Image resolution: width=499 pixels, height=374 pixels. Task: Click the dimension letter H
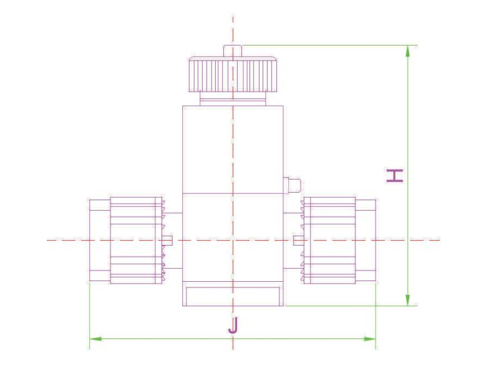click(395, 176)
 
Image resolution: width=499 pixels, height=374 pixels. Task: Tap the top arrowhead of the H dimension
click(408, 51)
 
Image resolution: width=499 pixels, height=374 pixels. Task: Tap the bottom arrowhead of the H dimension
click(408, 300)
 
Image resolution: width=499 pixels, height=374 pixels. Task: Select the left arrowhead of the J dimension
click(95, 338)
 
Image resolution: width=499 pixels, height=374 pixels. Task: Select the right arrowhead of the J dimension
click(370, 338)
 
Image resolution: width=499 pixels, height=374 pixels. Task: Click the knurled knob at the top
click(233, 74)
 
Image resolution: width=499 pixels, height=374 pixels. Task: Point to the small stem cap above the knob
click(233, 51)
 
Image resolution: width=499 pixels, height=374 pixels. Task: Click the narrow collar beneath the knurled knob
click(233, 99)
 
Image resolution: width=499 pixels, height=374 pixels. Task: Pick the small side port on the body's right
click(291, 185)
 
